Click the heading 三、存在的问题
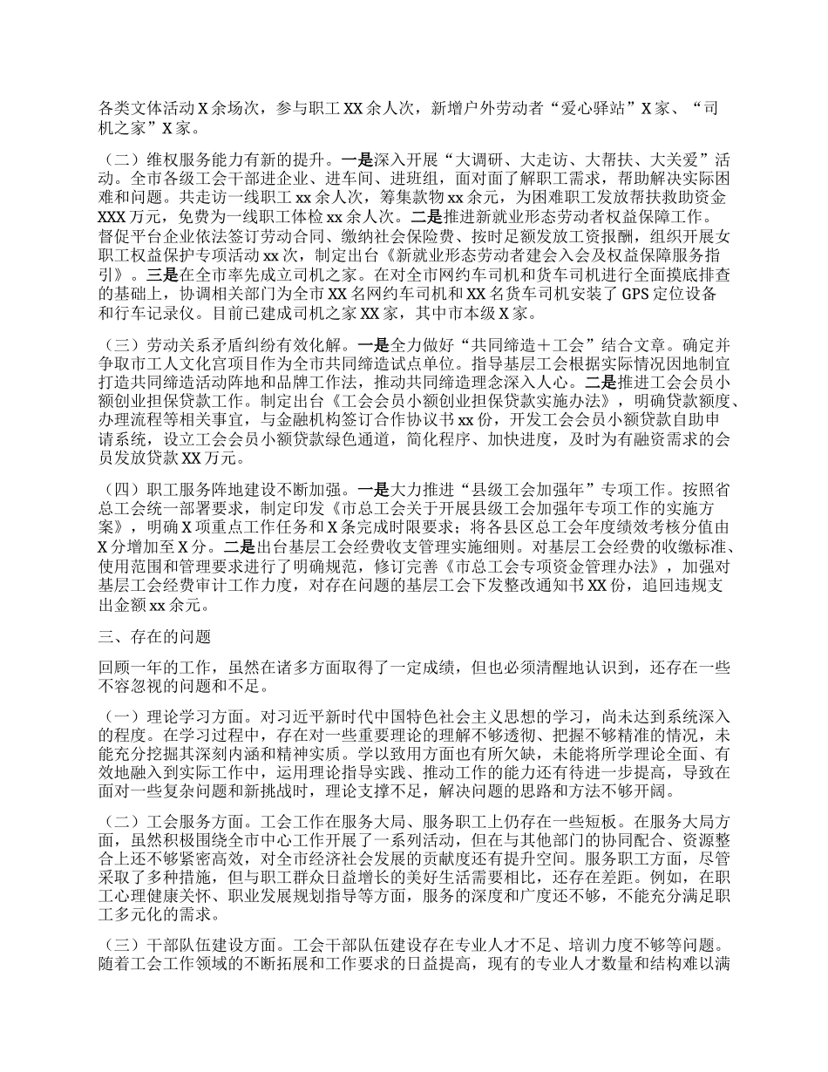(148, 637)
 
